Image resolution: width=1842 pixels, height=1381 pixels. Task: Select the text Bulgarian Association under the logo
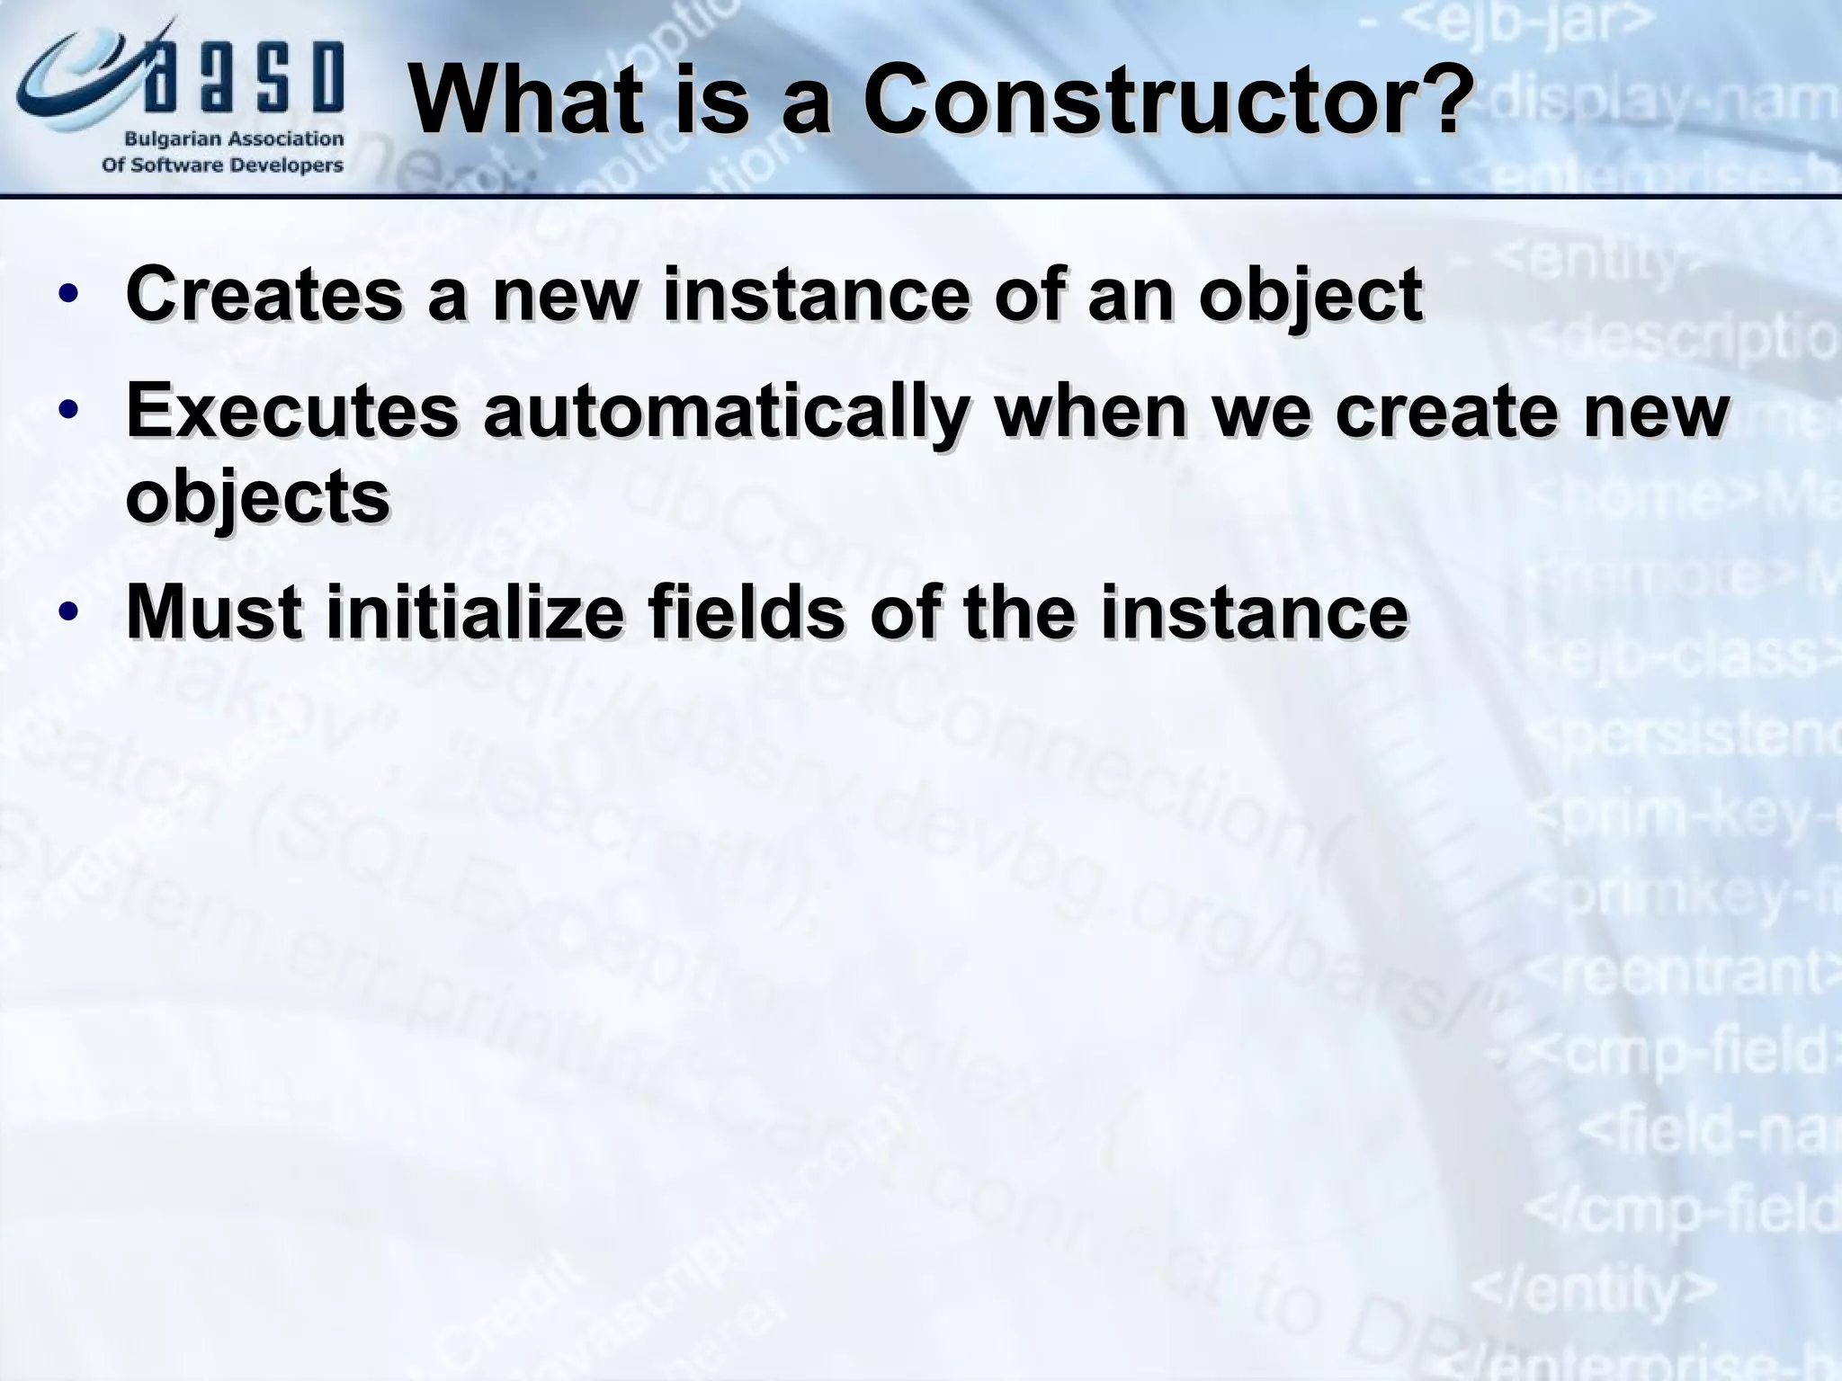(233, 139)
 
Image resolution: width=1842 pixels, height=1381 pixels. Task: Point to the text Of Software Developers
(222, 165)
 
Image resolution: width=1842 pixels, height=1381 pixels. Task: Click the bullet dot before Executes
(68, 411)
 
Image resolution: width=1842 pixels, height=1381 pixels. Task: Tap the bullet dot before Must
(68, 613)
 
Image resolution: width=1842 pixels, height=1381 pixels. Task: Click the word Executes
(293, 411)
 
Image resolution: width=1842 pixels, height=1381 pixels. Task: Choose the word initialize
(475, 613)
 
